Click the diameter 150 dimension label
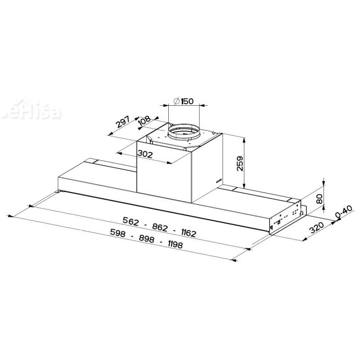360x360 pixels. click(x=184, y=101)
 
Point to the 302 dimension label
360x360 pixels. click(x=145, y=154)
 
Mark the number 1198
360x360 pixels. click(x=175, y=245)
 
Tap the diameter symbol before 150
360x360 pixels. click(x=177, y=101)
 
